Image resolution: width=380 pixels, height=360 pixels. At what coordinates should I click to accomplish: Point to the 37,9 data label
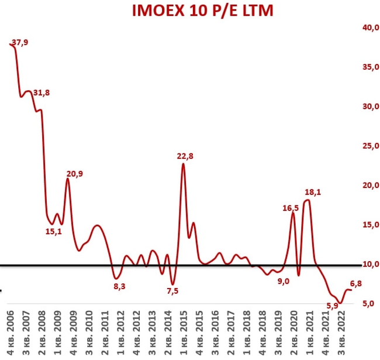click(x=19, y=42)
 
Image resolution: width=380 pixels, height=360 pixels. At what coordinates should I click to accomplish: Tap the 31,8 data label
click(x=41, y=92)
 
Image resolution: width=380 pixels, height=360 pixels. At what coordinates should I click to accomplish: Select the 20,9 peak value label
click(x=74, y=174)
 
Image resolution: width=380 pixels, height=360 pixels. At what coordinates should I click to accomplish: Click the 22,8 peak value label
click(x=185, y=156)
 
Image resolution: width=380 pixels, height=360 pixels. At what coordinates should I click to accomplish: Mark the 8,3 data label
click(x=119, y=285)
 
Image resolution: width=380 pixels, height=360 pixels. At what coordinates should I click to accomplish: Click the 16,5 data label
click(x=291, y=207)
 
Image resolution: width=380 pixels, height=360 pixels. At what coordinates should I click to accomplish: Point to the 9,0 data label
click(x=283, y=282)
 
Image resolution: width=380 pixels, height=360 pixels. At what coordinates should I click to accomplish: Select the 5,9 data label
click(x=331, y=304)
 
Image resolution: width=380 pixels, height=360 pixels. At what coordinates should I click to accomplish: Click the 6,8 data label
click(x=355, y=284)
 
